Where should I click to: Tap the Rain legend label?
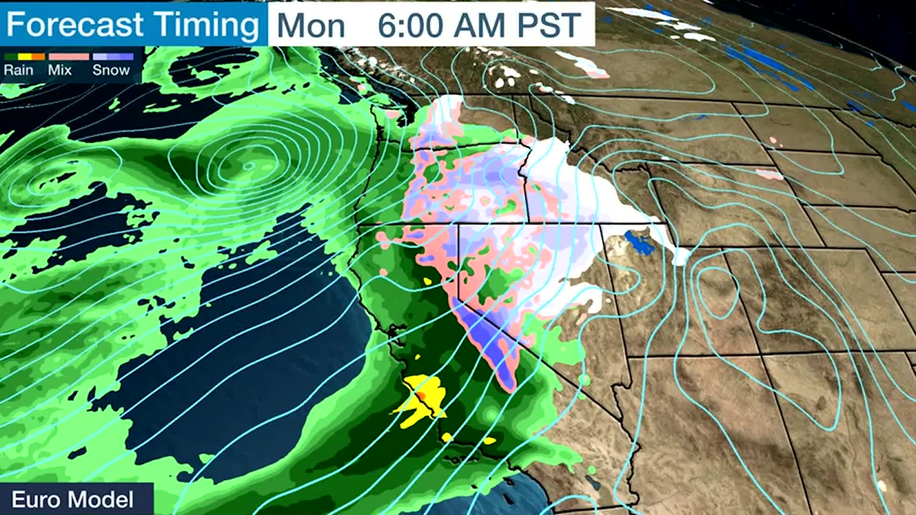click(19, 70)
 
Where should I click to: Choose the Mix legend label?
click(60, 70)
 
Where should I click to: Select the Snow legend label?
click(111, 70)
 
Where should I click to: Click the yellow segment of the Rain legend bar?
click(24, 57)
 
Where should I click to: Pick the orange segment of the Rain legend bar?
click(39, 57)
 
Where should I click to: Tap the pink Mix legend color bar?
click(69, 57)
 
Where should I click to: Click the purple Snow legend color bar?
click(113, 57)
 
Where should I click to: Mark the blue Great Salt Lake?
click(639, 243)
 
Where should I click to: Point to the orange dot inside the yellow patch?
click(421, 395)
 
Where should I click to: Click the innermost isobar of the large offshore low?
click(249, 165)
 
